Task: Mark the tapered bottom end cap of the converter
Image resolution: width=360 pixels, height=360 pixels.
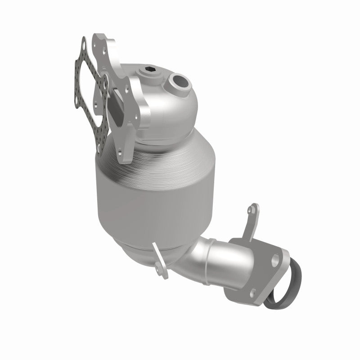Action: pos(135,247)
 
